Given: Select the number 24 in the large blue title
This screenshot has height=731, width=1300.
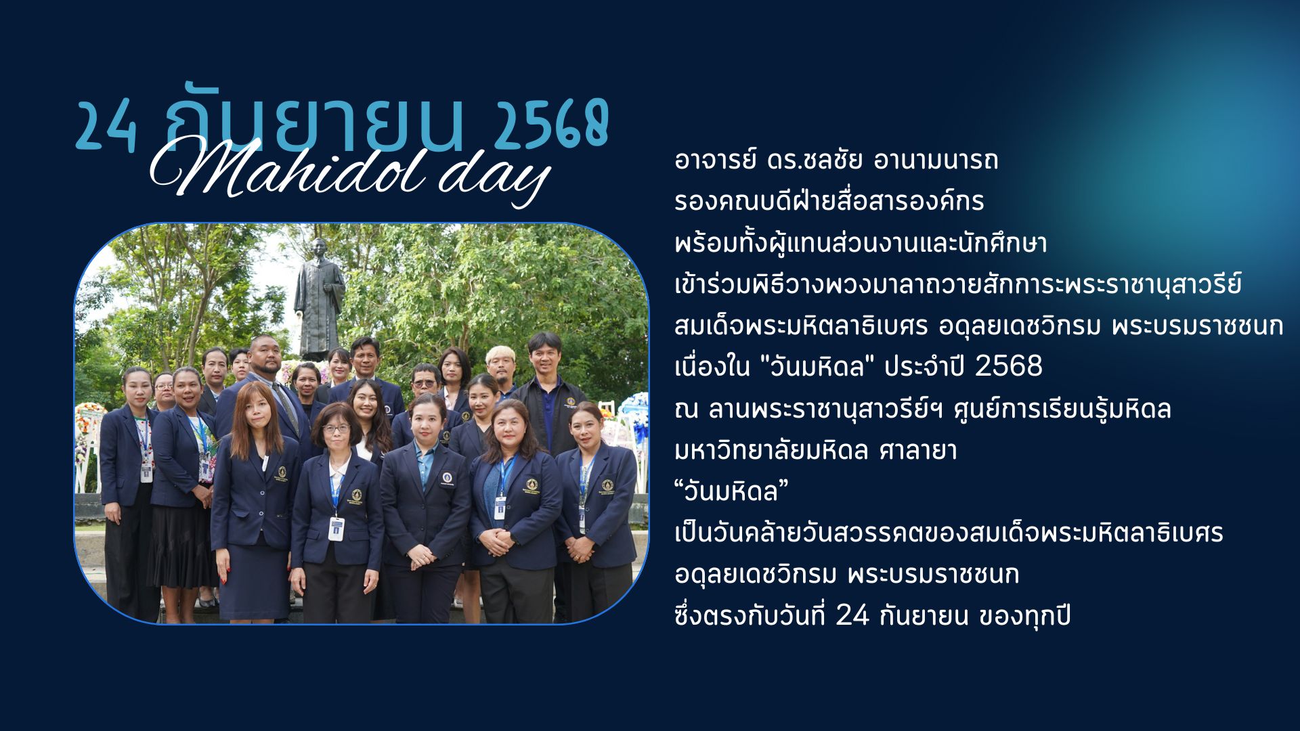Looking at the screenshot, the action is tap(106, 127).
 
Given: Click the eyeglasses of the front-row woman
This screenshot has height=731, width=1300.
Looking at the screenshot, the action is tap(337, 428).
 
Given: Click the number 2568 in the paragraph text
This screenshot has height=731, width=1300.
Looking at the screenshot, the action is tap(1009, 366).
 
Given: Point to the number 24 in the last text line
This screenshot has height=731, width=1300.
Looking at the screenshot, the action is tap(852, 617).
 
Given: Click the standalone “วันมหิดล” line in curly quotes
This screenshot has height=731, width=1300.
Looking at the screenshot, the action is tap(732, 492).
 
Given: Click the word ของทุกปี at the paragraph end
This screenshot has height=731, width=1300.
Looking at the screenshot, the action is tap(1025, 617).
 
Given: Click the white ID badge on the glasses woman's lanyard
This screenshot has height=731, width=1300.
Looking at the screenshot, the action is tap(337, 529).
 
